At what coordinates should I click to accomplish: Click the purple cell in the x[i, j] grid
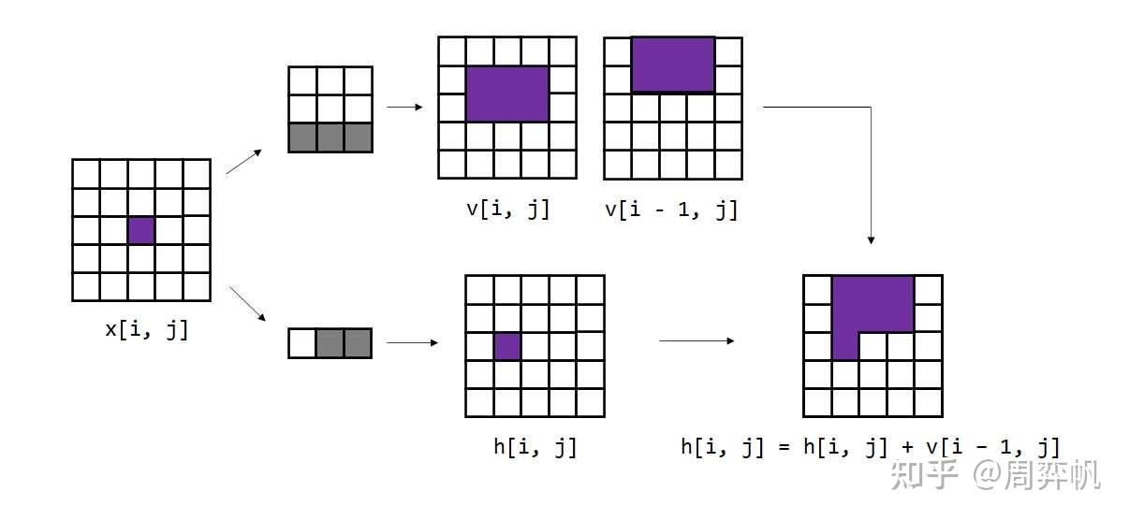[140, 230]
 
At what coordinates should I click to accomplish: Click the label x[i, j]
[147, 329]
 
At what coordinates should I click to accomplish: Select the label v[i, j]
[507, 209]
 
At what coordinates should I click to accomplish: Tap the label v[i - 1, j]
[671, 209]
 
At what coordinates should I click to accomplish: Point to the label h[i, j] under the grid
[535, 447]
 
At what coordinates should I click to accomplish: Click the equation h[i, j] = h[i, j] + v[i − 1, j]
[870, 447]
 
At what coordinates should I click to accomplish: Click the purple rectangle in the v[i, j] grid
[506, 94]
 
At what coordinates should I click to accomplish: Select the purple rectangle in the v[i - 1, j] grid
[673, 65]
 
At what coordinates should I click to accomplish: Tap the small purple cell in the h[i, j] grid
[506, 346]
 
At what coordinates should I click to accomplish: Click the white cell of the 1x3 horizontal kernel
[301, 343]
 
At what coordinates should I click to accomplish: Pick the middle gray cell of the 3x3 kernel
[330, 137]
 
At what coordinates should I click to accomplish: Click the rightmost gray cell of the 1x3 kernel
[358, 343]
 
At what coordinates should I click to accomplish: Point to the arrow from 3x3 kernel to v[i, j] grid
[404, 107]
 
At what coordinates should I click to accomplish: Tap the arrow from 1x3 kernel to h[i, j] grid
[412, 342]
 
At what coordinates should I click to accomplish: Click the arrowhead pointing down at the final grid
[871, 239]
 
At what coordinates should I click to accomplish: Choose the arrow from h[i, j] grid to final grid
[696, 340]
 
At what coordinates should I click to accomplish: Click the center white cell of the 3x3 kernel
[330, 108]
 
